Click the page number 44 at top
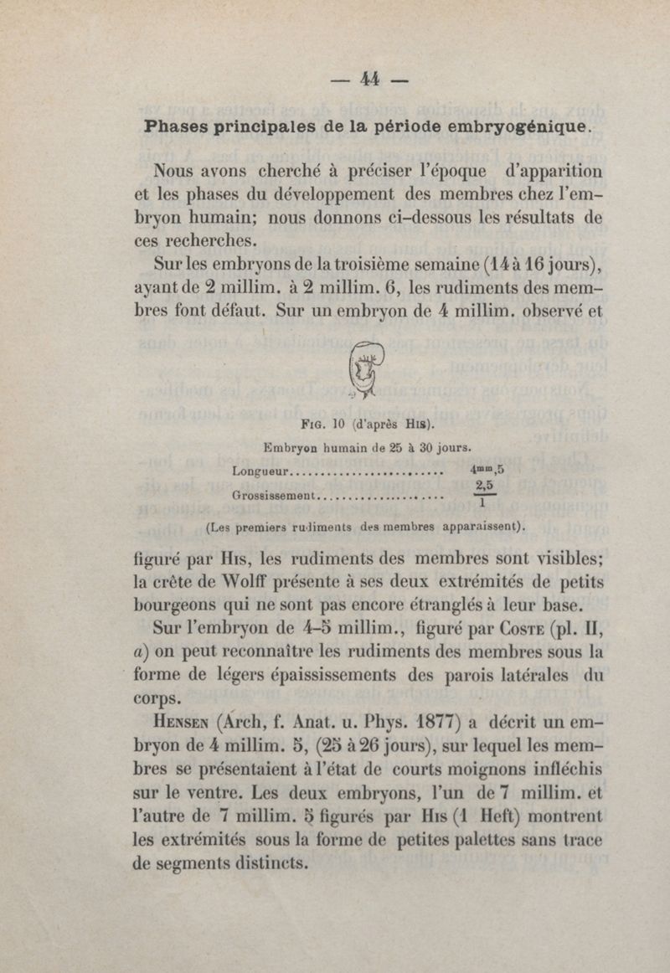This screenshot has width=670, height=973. pyautogui.click(x=370, y=79)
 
